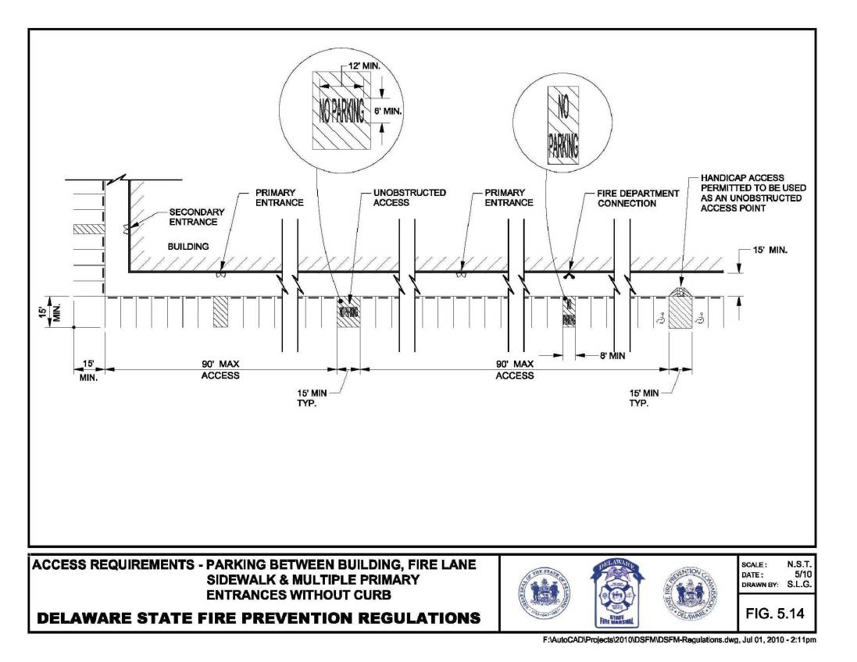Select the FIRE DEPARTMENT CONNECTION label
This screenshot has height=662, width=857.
(x=627, y=198)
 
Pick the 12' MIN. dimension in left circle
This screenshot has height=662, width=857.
(x=365, y=69)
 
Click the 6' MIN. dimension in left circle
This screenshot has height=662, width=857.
(x=386, y=111)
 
